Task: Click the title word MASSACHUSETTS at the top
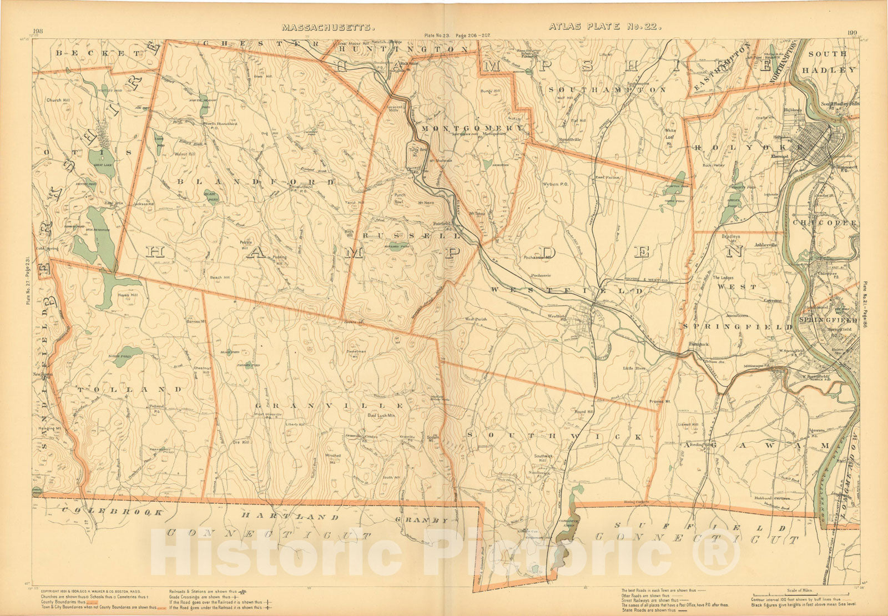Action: pyautogui.click(x=321, y=27)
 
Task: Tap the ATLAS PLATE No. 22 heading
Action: pyautogui.click(x=604, y=26)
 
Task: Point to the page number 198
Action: pyautogui.click(x=38, y=31)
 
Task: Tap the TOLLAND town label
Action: pyautogui.click(x=129, y=390)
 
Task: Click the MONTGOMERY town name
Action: pyautogui.click(x=472, y=128)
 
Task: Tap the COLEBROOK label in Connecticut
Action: pyautogui.click(x=112, y=511)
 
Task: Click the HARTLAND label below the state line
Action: pyautogui.click(x=290, y=516)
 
